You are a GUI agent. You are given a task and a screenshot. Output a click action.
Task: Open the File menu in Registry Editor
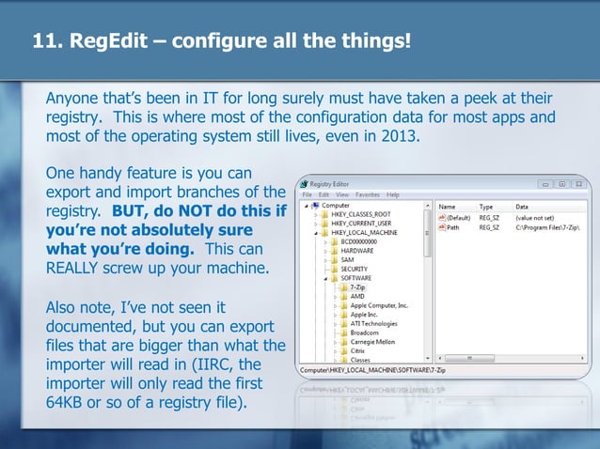pyautogui.click(x=308, y=194)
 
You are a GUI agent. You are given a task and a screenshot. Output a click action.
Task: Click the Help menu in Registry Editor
pyautogui.click(x=393, y=194)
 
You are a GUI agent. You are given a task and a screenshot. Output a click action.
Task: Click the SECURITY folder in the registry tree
pyautogui.click(x=355, y=268)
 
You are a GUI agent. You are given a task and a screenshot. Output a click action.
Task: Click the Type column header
pyautogui.click(x=486, y=206)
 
